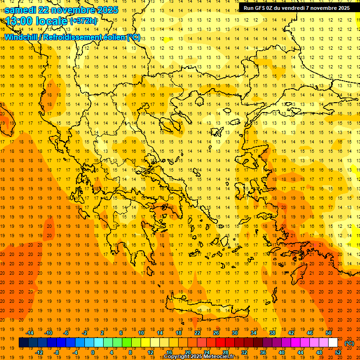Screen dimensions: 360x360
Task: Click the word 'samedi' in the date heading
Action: click(19, 10)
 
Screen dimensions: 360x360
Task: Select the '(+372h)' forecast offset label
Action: click(83, 21)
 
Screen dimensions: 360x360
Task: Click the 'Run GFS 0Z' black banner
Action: click(297, 8)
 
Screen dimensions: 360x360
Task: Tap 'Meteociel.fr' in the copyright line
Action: click(218, 357)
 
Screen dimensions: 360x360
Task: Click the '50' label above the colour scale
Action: click(328, 333)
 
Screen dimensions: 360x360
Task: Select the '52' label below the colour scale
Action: click(338, 352)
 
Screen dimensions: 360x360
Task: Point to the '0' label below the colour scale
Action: click(92, 352)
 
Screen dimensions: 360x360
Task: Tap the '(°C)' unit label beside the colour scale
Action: click(349, 343)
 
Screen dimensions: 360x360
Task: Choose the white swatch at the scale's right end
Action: click(333, 343)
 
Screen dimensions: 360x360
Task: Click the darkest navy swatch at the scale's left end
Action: click(23, 343)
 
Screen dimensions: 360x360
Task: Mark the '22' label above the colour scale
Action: click(197, 333)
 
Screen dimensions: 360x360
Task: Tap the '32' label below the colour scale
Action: click(244, 352)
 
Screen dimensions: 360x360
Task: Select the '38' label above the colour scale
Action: click(272, 333)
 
